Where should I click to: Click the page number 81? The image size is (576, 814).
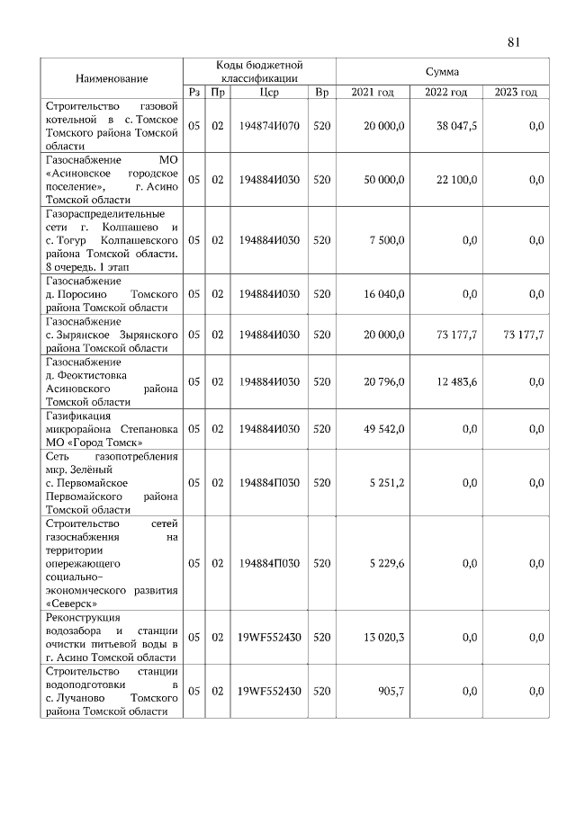(x=515, y=41)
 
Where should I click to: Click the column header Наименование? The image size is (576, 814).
(x=112, y=79)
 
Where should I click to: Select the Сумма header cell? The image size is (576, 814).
(x=442, y=71)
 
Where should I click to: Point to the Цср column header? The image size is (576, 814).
(x=268, y=92)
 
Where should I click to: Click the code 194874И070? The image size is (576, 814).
(x=268, y=126)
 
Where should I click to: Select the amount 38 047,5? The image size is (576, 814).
(x=456, y=126)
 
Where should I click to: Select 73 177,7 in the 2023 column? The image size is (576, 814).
(x=522, y=334)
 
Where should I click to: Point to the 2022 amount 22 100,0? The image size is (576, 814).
(x=456, y=180)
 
